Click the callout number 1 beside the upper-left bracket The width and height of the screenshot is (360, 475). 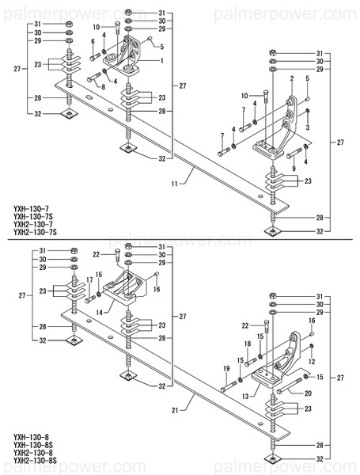coord(162,60)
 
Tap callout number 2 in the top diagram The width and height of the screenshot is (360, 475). coord(291,79)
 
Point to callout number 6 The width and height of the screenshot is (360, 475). coord(92,41)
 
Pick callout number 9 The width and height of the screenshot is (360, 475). coord(293,168)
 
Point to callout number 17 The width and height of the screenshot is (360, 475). coord(89,279)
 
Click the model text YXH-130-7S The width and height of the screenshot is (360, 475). coord(33,216)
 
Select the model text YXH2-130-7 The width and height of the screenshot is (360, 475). coord(32,225)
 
